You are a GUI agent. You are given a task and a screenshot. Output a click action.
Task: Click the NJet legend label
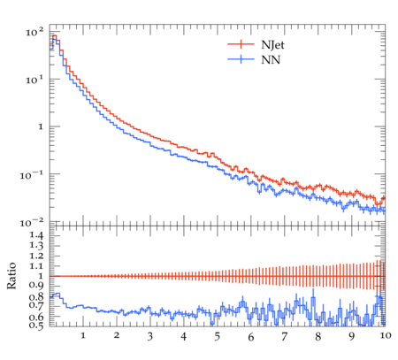[x=272, y=45]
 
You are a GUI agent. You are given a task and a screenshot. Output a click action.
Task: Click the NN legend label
[x=271, y=60]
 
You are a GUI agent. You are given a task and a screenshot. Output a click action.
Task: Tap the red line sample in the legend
[x=241, y=44]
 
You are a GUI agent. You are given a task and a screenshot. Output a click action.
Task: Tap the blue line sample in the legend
[x=241, y=59]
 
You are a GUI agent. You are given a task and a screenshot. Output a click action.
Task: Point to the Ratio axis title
[x=11, y=276]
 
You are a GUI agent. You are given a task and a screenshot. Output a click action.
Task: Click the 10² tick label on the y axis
[x=34, y=32]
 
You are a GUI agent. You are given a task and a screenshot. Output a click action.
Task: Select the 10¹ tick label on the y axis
[x=34, y=80]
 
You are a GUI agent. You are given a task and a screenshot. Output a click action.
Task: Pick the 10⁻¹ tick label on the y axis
[x=31, y=175]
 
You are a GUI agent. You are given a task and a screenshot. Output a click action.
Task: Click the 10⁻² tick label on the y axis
[x=31, y=223]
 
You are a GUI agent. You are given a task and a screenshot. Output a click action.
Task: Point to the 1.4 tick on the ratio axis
[x=36, y=235]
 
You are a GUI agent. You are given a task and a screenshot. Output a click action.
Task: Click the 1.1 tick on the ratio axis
[x=36, y=266]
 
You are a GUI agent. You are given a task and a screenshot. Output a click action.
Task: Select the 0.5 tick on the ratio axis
[x=36, y=326]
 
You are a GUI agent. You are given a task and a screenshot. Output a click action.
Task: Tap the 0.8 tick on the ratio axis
[x=36, y=296]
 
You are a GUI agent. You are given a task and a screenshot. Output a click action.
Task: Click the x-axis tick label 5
[x=217, y=336]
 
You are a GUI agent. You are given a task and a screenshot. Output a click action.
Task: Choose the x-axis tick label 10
[x=385, y=335]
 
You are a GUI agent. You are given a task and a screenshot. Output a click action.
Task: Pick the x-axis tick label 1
[x=83, y=335]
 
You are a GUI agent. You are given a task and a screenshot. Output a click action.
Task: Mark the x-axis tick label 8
[x=318, y=336]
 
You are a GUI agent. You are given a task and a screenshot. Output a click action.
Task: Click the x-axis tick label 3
[x=150, y=336]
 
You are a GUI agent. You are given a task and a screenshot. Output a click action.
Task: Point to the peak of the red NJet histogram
[x=55, y=35]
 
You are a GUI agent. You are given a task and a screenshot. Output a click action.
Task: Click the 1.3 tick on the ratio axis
[x=36, y=245]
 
